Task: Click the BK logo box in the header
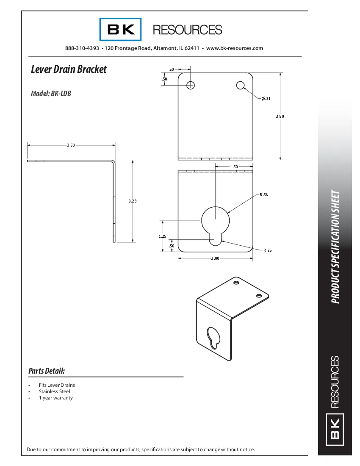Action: tap(121, 29)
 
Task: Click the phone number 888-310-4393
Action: tap(82, 48)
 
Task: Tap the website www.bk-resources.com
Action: tap(235, 48)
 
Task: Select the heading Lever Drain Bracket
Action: tap(69, 69)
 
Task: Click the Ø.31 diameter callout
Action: tap(266, 99)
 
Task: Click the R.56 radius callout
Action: tap(263, 195)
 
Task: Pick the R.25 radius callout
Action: tap(267, 250)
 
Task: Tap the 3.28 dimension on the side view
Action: tap(133, 201)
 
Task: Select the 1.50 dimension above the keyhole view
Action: tap(234, 167)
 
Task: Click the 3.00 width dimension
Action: tap(215, 258)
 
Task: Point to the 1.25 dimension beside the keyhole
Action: tap(163, 236)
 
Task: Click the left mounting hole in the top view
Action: tap(191, 85)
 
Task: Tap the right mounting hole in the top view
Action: tap(241, 86)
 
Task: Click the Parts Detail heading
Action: tap(47, 371)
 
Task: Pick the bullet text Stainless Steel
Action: tap(55, 391)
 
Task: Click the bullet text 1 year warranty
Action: tap(56, 398)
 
